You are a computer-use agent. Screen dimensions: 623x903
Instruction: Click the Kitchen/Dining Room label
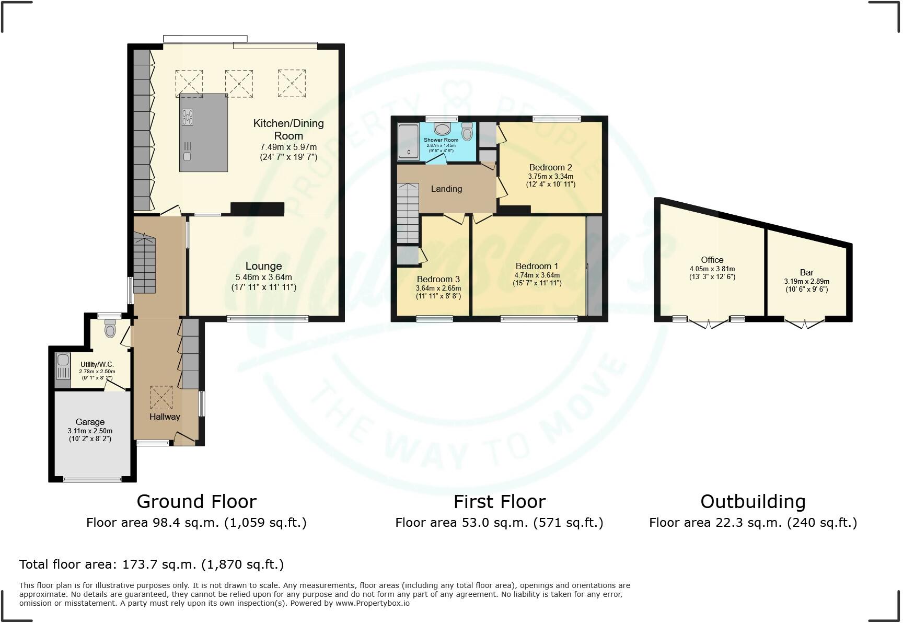pyautogui.click(x=288, y=129)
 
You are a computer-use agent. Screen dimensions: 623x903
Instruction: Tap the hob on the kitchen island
pyautogui.click(x=187, y=117)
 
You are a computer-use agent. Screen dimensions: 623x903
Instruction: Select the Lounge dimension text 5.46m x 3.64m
pyautogui.click(x=263, y=277)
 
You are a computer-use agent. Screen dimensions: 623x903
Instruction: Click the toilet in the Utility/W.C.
pyautogui.click(x=110, y=329)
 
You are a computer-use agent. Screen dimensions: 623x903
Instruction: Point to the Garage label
pyautogui.click(x=90, y=422)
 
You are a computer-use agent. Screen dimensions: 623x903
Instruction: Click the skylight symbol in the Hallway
pyautogui.click(x=161, y=398)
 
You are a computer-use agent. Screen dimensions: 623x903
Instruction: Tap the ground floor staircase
pyautogui.click(x=144, y=264)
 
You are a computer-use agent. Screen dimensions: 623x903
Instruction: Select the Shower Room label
pyautogui.click(x=441, y=140)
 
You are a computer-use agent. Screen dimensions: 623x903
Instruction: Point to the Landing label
pyautogui.click(x=446, y=189)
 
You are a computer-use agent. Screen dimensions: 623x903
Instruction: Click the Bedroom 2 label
pyautogui.click(x=550, y=167)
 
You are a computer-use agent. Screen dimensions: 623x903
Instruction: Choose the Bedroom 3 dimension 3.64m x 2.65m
pyautogui.click(x=438, y=288)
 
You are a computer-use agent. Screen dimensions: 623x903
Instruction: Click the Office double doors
pyautogui.click(x=708, y=324)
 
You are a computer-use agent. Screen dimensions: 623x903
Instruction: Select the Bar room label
pyautogui.click(x=806, y=272)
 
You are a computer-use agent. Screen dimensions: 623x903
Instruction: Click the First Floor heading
pyautogui.click(x=499, y=502)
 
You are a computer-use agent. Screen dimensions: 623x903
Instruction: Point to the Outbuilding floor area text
pyautogui.click(x=752, y=523)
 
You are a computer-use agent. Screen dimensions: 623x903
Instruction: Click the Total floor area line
pyautogui.click(x=152, y=564)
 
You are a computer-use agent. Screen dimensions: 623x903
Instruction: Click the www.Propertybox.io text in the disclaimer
pyautogui.click(x=372, y=603)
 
